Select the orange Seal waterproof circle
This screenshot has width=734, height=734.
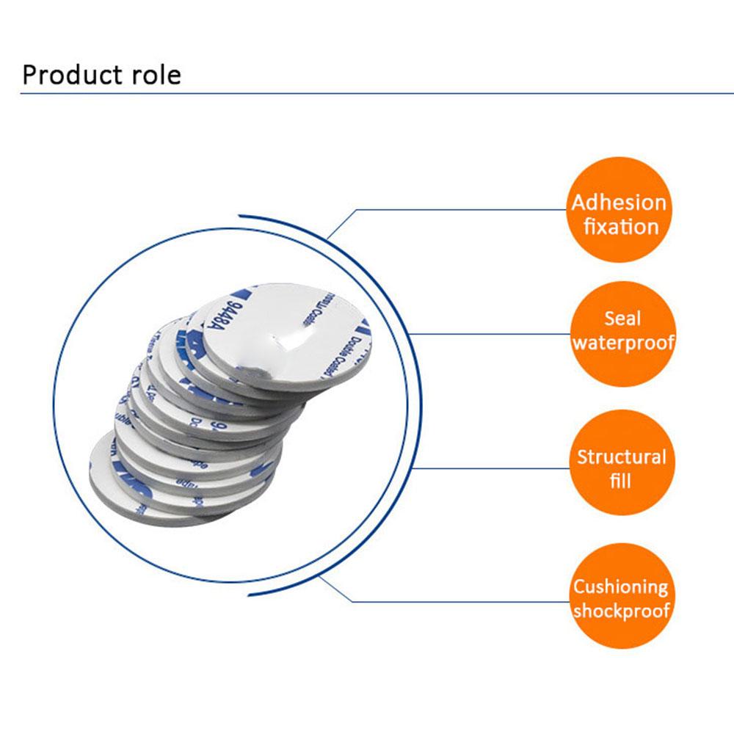tap(622, 331)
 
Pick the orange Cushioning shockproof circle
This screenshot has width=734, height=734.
tap(620, 597)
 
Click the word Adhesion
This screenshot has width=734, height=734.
tap(619, 203)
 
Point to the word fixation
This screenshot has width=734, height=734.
tap(621, 226)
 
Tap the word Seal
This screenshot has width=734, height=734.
tap(622, 319)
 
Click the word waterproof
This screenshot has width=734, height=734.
tap(622, 343)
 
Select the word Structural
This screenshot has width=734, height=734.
tap(621, 457)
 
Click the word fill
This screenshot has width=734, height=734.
tap(620, 482)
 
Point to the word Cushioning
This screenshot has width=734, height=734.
tap(620, 586)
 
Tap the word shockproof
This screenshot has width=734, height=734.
tap(621, 611)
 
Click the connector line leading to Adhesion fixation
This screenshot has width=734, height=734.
tap(455, 210)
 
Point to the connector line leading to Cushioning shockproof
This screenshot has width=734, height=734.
tap(455, 601)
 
